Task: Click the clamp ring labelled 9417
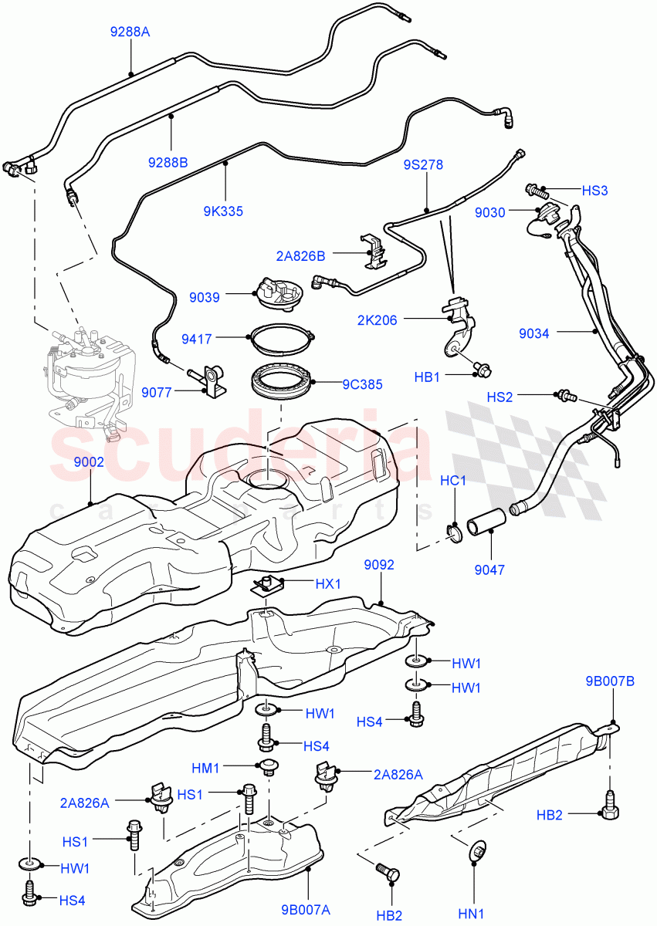tap(198, 337)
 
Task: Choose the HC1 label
tap(453, 481)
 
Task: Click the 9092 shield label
tap(379, 565)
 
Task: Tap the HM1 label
tap(206, 767)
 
